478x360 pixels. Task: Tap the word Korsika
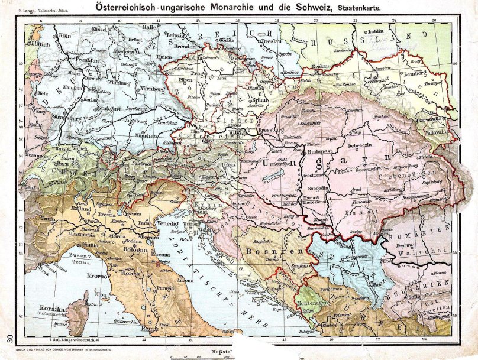[x=52, y=308]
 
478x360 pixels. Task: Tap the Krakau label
[x=321, y=67]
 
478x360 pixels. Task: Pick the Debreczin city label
[x=361, y=145]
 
